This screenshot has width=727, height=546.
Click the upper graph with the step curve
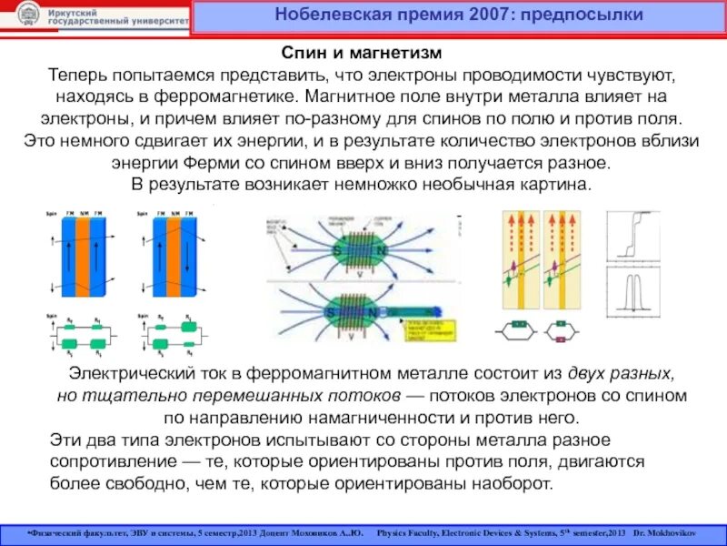[628, 238]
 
